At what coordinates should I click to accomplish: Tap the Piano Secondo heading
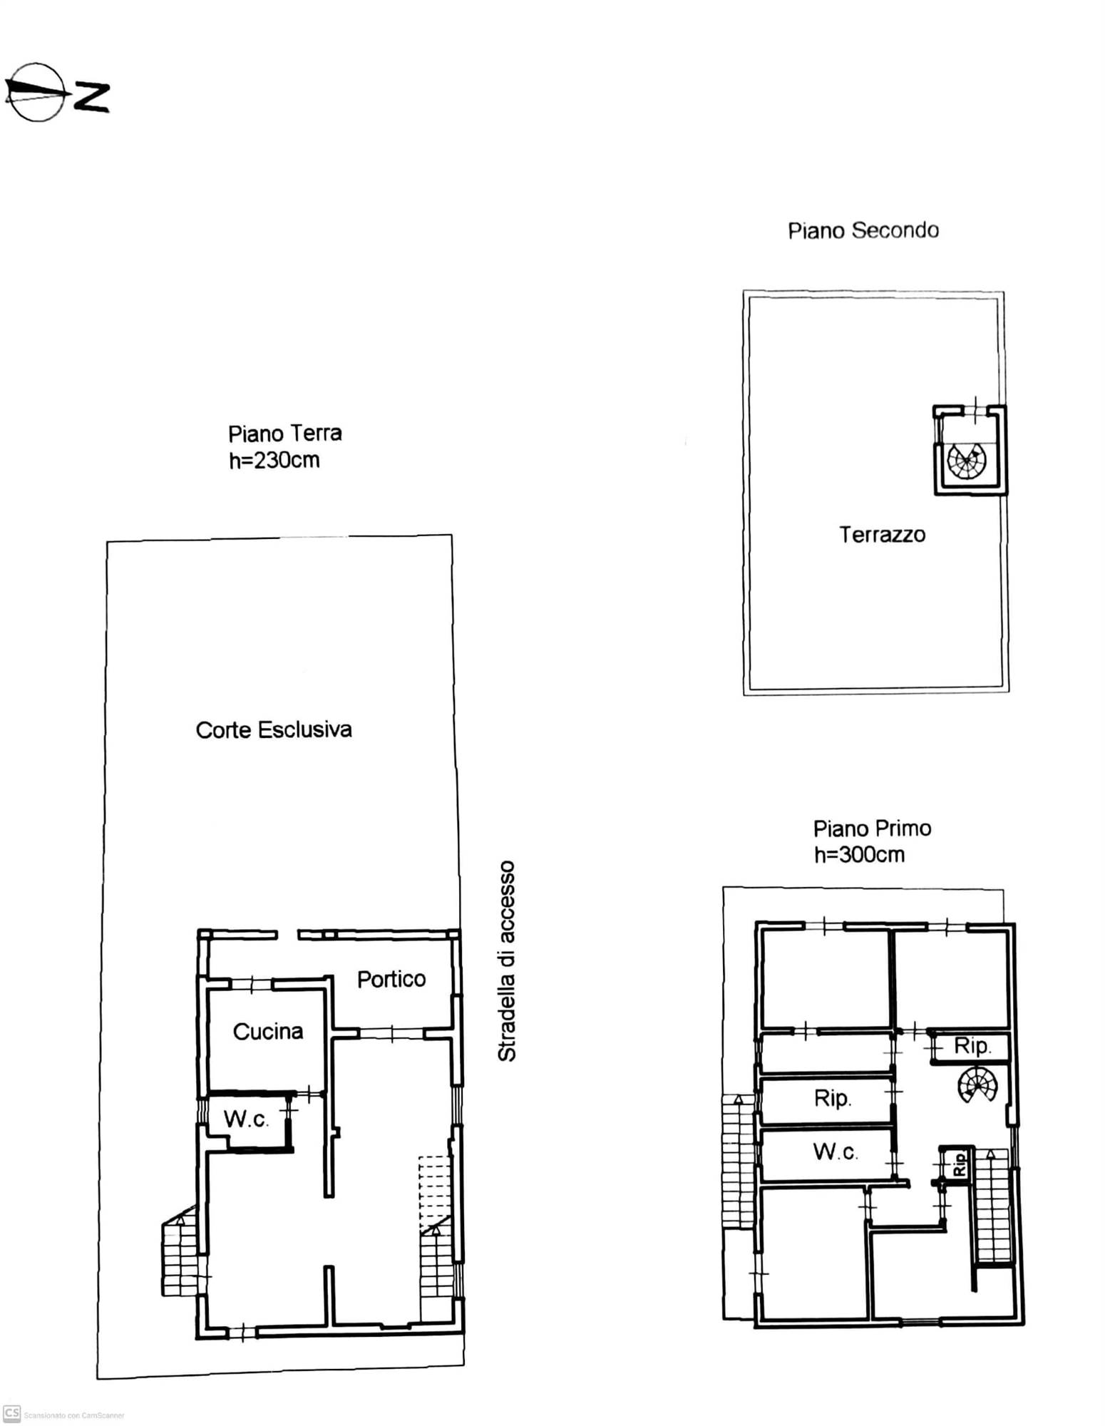(x=863, y=230)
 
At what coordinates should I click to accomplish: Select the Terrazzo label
(x=882, y=535)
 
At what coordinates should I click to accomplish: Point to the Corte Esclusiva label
(x=274, y=729)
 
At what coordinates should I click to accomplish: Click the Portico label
(x=391, y=979)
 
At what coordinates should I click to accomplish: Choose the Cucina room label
(x=268, y=1031)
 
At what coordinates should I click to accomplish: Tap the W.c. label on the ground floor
(x=246, y=1119)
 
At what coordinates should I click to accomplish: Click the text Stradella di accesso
(x=506, y=961)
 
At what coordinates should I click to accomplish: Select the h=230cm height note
(x=274, y=460)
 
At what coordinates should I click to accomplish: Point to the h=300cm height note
(x=859, y=854)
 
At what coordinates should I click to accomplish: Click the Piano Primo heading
(x=872, y=829)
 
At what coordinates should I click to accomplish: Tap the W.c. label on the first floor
(x=836, y=1151)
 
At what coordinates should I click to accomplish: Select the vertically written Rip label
(x=960, y=1164)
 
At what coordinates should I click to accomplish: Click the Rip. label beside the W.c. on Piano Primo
(x=833, y=1098)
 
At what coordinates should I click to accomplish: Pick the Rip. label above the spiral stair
(x=972, y=1046)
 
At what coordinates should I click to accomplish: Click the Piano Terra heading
(x=284, y=434)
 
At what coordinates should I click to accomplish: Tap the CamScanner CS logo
(x=11, y=1413)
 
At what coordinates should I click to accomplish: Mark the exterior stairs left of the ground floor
(x=180, y=1253)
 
